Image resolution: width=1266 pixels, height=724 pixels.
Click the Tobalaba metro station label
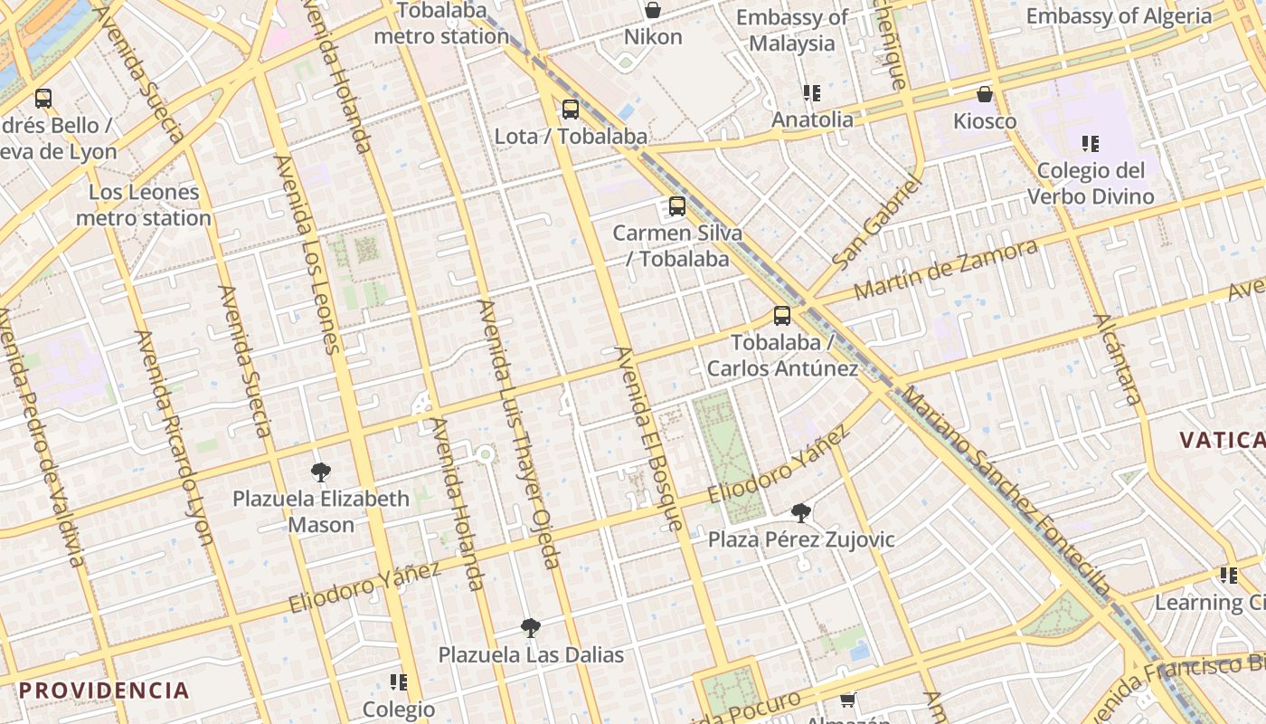click(441, 24)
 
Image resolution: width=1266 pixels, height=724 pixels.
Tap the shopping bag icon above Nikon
click(653, 10)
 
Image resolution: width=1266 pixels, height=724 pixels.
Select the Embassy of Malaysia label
click(792, 30)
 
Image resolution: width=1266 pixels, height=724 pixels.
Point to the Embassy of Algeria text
click(1119, 16)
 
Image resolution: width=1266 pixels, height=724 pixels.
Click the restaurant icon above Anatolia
click(811, 93)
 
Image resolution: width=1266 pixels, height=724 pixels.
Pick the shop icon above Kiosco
click(985, 94)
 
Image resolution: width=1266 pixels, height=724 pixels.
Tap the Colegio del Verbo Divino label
click(1091, 183)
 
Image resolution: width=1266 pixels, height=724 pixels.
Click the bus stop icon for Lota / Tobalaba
click(571, 110)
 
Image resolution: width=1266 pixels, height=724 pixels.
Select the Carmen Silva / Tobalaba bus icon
click(677, 206)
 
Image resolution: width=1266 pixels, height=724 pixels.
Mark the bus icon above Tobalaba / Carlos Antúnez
click(782, 316)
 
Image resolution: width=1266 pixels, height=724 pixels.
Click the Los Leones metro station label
click(144, 205)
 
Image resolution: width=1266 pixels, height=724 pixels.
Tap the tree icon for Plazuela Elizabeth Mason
click(320, 472)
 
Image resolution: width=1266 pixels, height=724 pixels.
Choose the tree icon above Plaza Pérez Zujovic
click(801, 513)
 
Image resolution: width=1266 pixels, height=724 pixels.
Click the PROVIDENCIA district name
click(104, 691)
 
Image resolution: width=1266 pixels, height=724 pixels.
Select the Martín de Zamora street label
click(946, 271)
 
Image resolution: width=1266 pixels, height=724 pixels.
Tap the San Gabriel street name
click(876, 223)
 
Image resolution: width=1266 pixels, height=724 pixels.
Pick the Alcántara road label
click(1118, 359)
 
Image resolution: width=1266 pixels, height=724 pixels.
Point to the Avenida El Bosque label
click(648, 439)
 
